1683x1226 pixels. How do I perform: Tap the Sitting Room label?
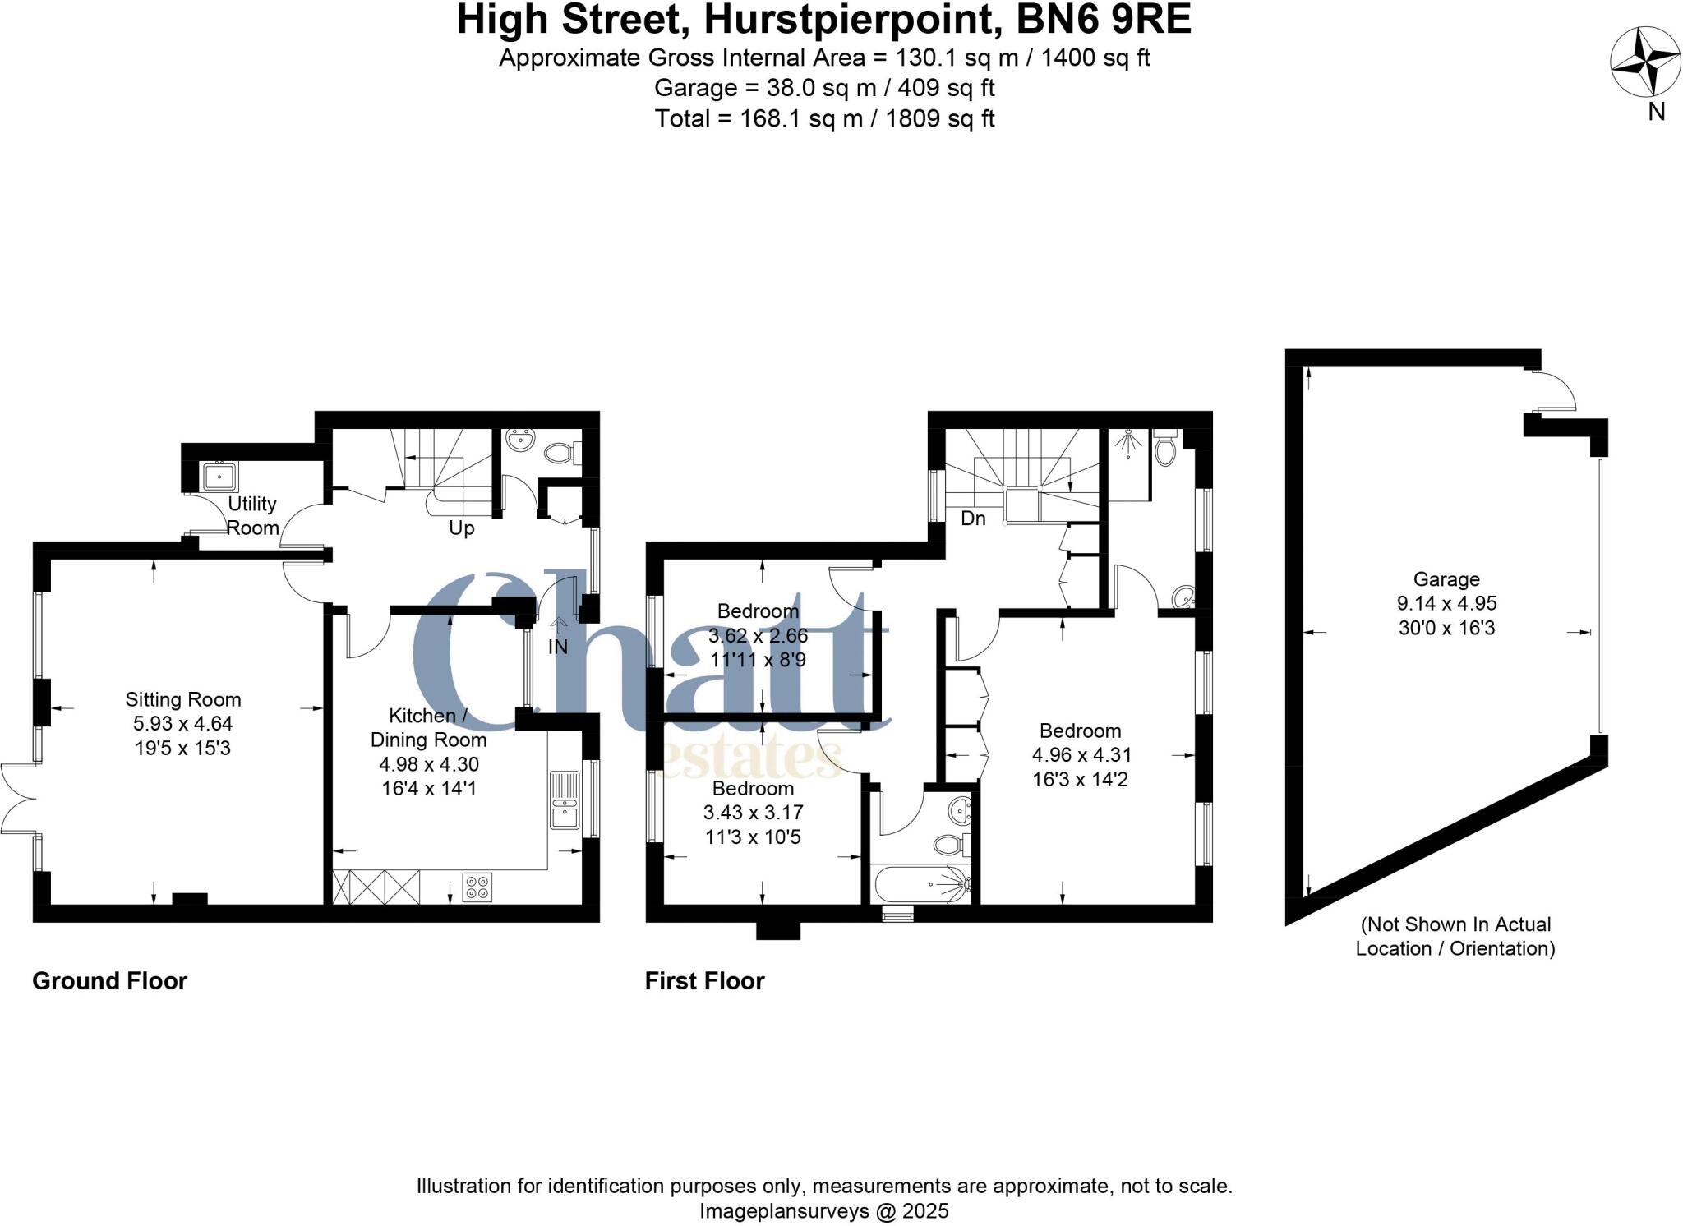tap(183, 699)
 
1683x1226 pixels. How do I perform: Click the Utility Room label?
tap(252, 515)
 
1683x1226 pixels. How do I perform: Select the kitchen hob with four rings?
tap(477, 887)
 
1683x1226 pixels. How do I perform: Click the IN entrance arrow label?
tap(558, 647)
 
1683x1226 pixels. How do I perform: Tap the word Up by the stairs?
tap(462, 528)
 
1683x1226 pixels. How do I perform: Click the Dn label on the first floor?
tap(973, 519)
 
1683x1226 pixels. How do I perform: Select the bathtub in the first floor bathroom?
tap(922, 885)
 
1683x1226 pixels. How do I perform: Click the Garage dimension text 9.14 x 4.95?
tap(1446, 603)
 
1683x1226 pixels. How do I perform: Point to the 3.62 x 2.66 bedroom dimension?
tap(758, 635)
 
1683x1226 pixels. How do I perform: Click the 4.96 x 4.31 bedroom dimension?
tap(1080, 754)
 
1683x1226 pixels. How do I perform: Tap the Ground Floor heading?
tap(110, 980)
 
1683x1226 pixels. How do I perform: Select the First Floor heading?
tap(704, 980)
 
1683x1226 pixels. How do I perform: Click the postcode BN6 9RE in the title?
tap(1104, 20)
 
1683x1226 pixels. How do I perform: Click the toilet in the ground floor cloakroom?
tap(561, 451)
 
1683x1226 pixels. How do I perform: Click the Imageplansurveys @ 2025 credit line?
tap(824, 1210)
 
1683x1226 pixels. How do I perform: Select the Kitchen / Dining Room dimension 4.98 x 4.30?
tap(429, 764)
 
